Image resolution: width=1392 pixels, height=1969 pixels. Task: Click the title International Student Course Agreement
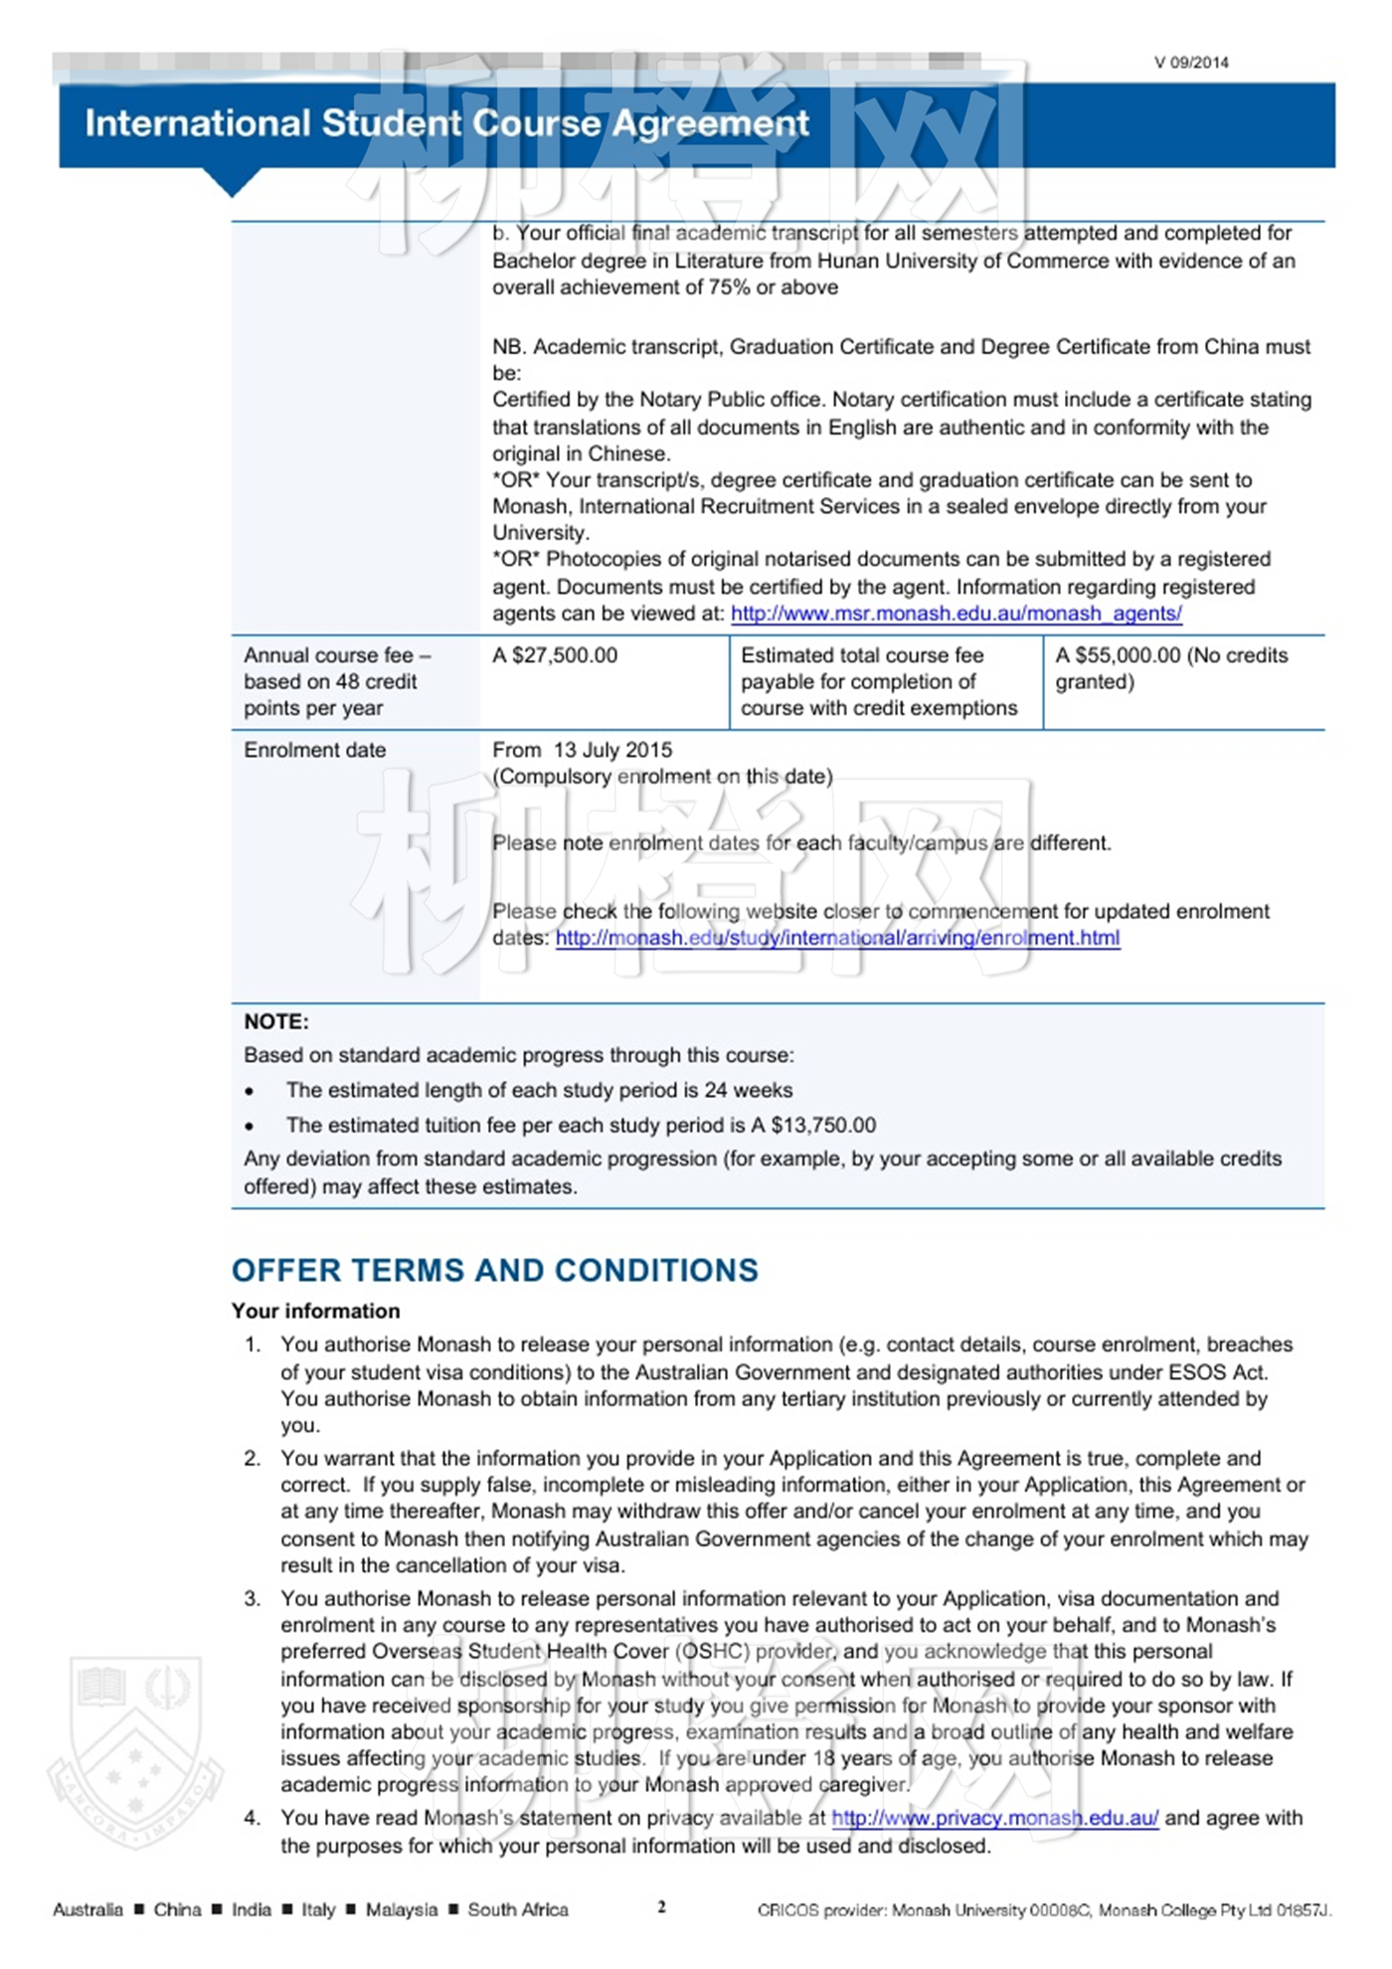click(446, 123)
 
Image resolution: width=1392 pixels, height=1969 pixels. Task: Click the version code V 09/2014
click(1190, 63)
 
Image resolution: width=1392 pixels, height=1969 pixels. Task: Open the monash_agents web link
click(956, 614)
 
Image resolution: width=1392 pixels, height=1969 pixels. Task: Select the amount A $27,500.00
click(555, 655)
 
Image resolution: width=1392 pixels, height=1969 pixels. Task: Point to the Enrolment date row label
click(314, 750)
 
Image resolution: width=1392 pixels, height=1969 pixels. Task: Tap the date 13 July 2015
click(612, 750)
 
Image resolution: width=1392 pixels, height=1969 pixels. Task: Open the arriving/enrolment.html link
click(837, 938)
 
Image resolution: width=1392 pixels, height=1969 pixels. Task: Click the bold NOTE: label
click(276, 1021)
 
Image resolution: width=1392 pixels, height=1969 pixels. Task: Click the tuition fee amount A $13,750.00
click(813, 1125)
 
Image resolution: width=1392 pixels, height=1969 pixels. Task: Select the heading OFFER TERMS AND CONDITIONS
click(494, 1270)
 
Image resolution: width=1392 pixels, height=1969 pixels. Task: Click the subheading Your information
click(315, 1311)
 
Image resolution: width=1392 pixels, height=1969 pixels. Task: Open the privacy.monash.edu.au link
click(994, 1818)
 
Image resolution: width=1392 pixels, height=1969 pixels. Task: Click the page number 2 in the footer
click(661, 1906)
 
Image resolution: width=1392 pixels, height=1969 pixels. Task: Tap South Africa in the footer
click(518, 1909)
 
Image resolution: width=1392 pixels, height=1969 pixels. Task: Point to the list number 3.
click(253, 1598)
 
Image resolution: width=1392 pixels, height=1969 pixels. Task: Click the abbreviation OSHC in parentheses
click(714, 1652)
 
